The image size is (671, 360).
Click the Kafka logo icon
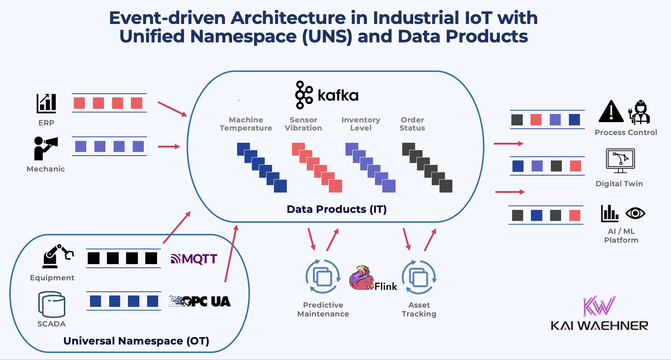click(x=304, y=95)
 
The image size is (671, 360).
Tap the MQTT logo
click(x=194, y=259)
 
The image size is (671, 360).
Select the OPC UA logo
click(x=199, y=301)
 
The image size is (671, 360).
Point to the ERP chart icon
click(x=46, y=104)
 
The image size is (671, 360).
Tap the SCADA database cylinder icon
click(x=52, y=305)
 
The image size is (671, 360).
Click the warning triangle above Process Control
click(x=611, y=111)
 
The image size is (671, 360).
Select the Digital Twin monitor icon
click(x=620, y=160)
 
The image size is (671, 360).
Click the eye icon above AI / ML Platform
click(x=635, y=213)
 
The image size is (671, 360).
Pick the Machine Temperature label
click(x=246, y=124)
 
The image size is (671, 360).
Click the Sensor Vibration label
click(x=303, y=124)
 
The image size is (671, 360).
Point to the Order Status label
click(x=412, y=124)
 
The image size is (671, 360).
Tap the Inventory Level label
click(x=361, y=124)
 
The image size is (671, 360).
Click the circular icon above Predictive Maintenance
click(x=323, y=277)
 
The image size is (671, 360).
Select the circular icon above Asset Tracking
click(x=419, y=277)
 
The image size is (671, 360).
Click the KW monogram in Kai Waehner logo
click(x=599, y=306)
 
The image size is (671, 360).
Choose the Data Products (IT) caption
click(x=337, y=209)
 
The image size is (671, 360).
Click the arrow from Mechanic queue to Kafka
click(x=169, y=147)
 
